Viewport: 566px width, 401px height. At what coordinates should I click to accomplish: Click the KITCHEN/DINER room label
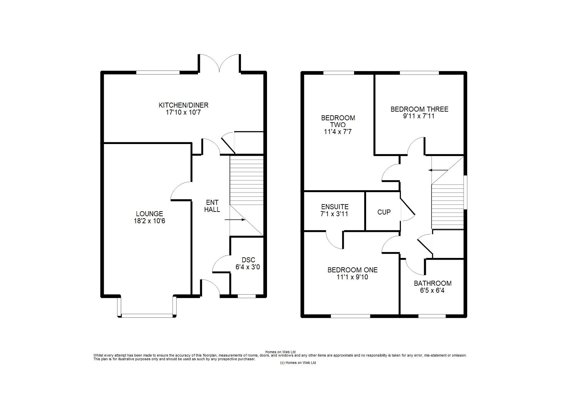[x=184, y=105]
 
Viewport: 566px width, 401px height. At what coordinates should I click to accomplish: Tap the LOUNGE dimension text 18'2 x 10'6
[x=149, y=221]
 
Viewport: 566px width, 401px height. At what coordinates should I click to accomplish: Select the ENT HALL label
[x=212, y=206]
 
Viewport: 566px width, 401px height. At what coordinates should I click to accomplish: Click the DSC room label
[x=248, y=260]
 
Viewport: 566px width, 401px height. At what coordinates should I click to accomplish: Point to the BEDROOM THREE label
[x=419, y=109]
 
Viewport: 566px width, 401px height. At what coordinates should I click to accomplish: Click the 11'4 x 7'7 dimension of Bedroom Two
[x=338, y=132]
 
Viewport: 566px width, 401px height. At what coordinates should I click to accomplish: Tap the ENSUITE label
[x=335, y=207]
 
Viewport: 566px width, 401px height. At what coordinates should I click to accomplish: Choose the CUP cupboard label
[x=384, y=212]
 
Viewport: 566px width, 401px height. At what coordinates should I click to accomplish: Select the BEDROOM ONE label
[x=352, y=270]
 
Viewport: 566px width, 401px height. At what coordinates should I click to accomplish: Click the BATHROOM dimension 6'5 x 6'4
[x=432, y=290]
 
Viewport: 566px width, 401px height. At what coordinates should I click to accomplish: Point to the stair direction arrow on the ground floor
[x=235, y=220]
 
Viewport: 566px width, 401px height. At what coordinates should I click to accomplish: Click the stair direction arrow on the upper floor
[x=438, y=170]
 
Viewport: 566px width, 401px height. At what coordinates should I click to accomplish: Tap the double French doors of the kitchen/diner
[x=219, y=63]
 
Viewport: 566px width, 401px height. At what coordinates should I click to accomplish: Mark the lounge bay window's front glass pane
[x=147, y=315]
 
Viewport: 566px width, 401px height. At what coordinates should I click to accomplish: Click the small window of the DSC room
[x=247, y=296]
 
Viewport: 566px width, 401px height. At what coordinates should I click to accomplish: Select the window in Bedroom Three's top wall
[x=419, y=73]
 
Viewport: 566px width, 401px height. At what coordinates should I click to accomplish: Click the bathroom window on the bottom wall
[x=432, y=316]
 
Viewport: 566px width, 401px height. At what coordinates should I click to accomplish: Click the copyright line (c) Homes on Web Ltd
[x=298, y=363]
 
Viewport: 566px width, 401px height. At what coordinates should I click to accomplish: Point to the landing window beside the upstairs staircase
[x=466, y=192]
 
